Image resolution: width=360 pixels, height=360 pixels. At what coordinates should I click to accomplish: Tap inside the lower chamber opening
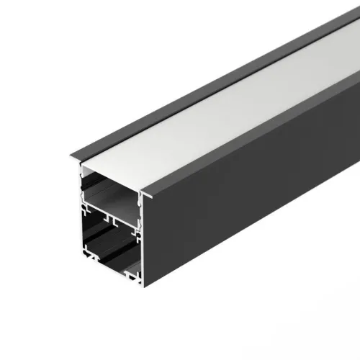click(108, 245)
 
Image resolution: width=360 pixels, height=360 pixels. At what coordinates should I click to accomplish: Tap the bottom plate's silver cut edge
click(115, 270)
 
